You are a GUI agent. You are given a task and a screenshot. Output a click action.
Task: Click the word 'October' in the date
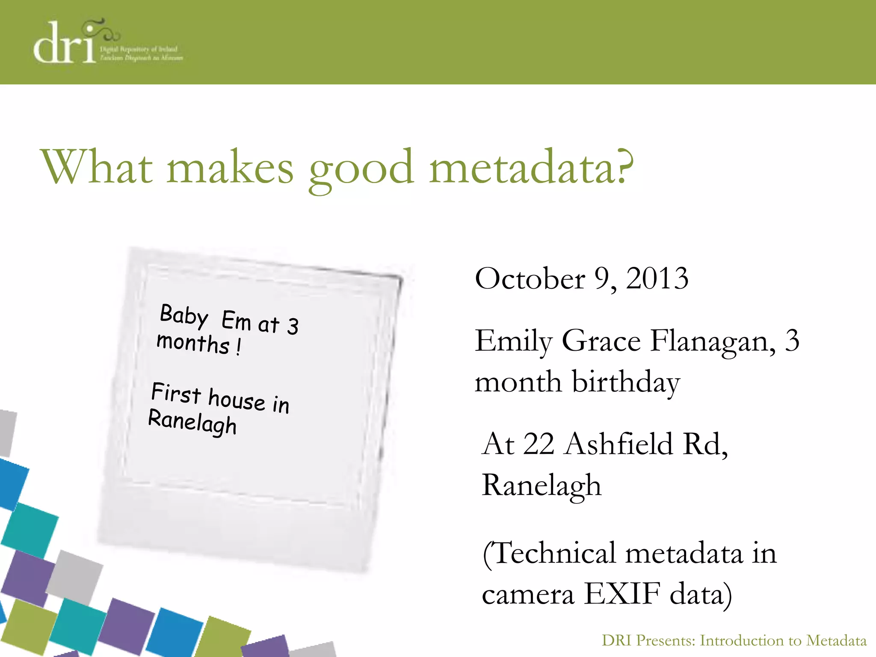pyautogui.click(x=530, y=279)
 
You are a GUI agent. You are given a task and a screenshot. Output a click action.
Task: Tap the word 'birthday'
pyautogui.click(x=626, y=382)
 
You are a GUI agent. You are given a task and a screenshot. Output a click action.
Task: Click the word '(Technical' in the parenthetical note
pyautogui.click(x=549, y=553)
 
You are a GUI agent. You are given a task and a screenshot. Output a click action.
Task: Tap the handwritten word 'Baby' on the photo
pyautogui.click(x=184, y=316)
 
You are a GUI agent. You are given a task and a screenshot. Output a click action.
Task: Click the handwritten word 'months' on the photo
pyautogui.click(x=193, y=343)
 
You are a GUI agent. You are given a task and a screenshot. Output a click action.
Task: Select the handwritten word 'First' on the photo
pyautogui.click(x=176, y=393)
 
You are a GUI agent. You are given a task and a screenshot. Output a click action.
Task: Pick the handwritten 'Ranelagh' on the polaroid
pyautogui.click(x=192, y=422)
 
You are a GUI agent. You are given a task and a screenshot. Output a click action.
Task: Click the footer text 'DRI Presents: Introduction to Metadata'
pyautogui.click(x=734, y=641)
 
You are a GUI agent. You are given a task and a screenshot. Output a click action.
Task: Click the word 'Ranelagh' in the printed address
pyautogui.click(x=542, y=486)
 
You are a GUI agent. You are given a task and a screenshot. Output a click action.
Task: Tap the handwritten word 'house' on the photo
pyautogui.click(x=237, y=400)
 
